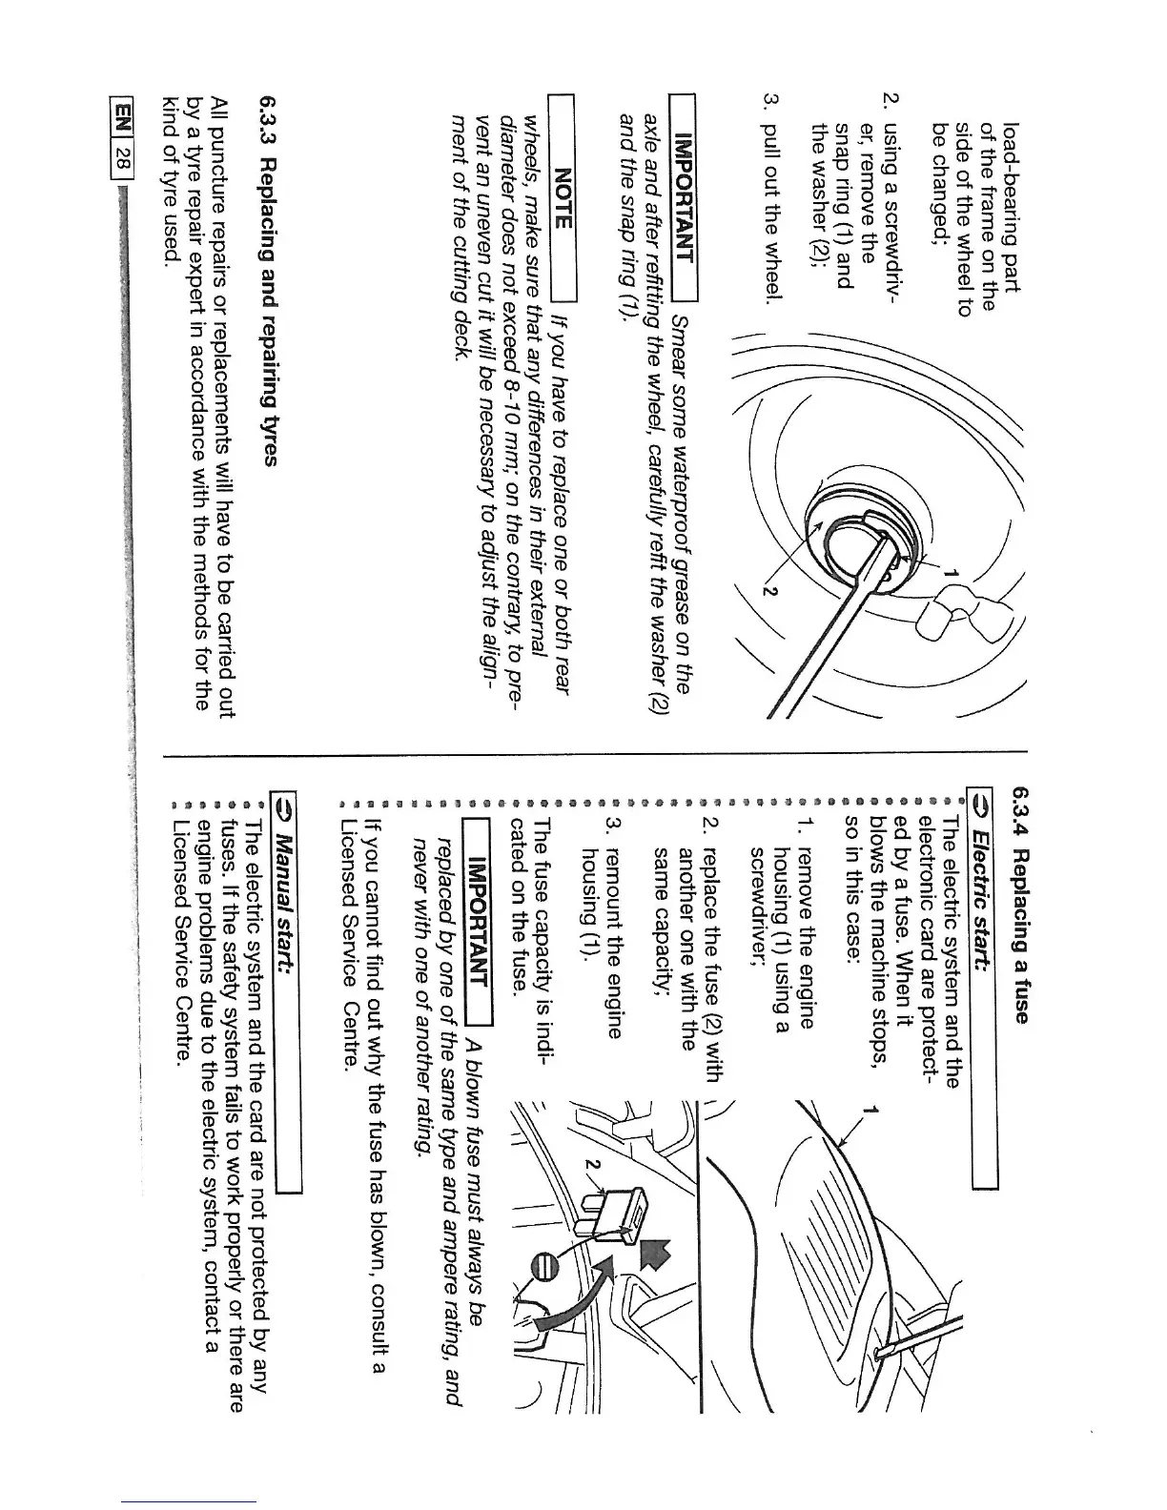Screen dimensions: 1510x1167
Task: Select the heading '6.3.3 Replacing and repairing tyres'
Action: pos(268,280)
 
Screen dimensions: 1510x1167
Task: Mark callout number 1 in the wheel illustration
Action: pos(950,573)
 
